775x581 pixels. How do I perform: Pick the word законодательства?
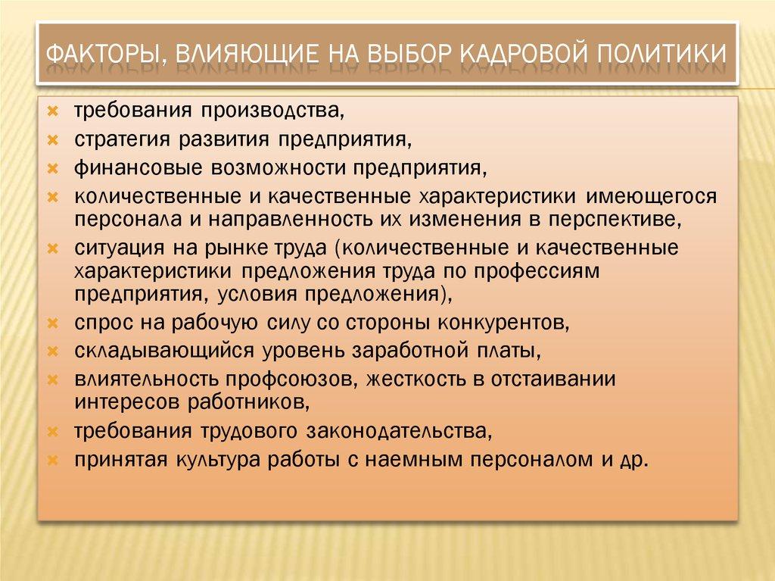click(x=400, y=432)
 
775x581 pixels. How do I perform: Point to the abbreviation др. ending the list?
click(x=635, y=459)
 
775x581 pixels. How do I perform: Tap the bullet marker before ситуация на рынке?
click(x=53, y=248)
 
